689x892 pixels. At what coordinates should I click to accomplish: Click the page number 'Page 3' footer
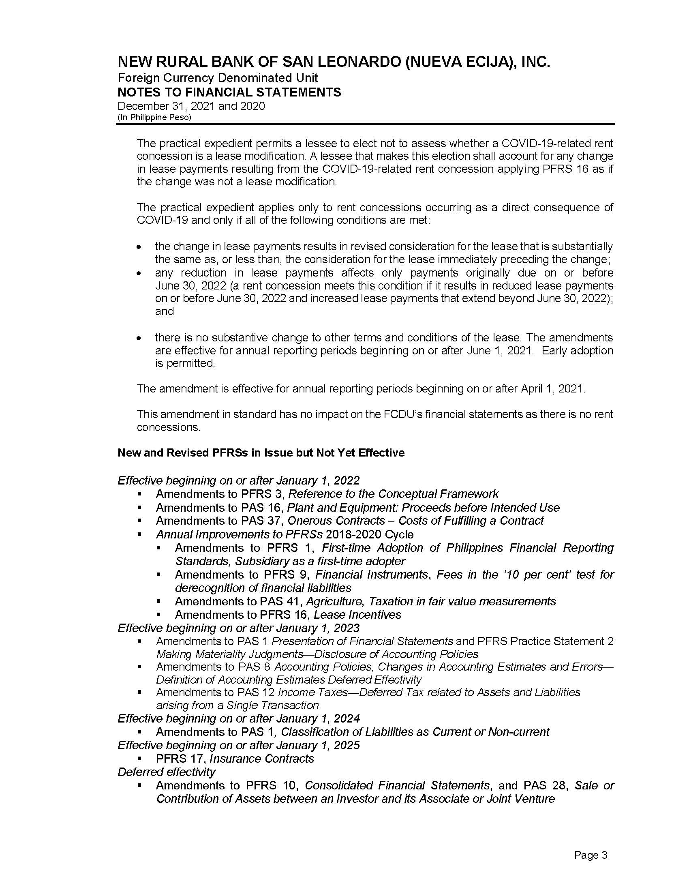click(x=590, y=855)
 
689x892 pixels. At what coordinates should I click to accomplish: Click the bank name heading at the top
click(x=334, y=62)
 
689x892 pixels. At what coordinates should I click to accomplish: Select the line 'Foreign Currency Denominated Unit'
click(x=218, y=77)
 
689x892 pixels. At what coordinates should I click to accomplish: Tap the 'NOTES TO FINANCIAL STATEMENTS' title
click(x=229, y=92)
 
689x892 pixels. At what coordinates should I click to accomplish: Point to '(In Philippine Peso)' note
click(x=154, y=117)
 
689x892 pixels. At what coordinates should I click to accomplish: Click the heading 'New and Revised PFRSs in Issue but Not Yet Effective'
click(x=261, y=452)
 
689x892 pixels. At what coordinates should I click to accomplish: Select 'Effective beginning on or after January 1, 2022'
click(x=238, y=480)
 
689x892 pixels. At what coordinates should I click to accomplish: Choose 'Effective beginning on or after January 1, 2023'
click(x=238, y=628)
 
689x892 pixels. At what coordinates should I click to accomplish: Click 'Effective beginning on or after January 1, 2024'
click(x=238, y=718)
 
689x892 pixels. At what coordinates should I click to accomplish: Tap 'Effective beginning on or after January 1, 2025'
click(x=238, y=745)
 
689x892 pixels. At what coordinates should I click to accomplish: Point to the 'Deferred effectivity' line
click(x=166, y=772)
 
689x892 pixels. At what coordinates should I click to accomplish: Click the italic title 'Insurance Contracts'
click(x=262, y=759)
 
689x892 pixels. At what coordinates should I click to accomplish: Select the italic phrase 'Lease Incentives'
click(x=357, y=614)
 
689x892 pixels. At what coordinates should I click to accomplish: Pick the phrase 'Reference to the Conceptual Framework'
click(x=393, y=494)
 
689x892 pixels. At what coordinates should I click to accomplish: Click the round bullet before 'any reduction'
click(x=139, y=273)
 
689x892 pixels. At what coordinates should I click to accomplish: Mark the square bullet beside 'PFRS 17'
click(x=139, y=759)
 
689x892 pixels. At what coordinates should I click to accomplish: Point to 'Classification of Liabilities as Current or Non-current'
click(x=415, y=731)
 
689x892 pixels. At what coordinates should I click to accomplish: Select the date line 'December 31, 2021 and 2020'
click(x=191, y=106)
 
